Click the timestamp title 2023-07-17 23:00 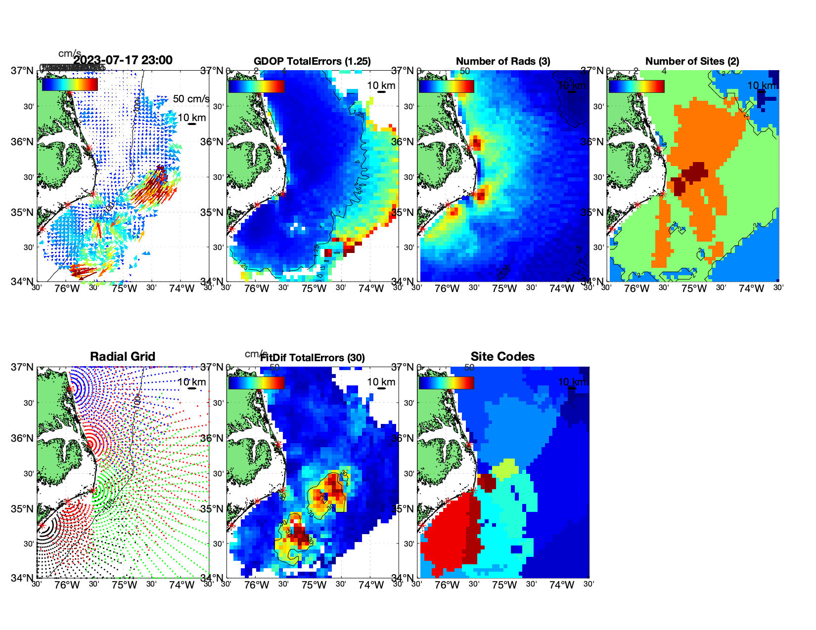123,60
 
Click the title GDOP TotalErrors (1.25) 312,61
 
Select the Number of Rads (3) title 502,61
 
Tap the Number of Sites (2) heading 692,61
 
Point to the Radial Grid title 123,357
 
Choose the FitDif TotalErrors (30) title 313,358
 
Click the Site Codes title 502,357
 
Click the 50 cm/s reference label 191,99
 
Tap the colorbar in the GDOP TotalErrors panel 256,86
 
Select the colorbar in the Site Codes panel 446,382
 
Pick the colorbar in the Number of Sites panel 636,86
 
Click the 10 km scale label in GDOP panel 381,85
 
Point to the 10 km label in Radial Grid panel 191,382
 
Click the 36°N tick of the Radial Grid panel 23,438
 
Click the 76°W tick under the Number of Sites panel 636,289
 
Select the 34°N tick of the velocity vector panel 23,282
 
